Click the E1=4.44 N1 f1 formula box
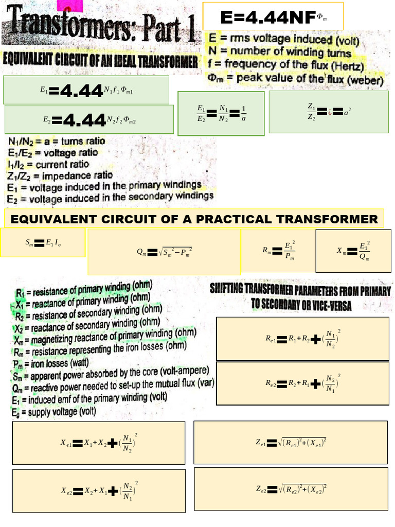(86, 90)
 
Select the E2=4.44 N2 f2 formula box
(87, 119)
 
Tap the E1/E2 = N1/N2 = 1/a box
(221, 113)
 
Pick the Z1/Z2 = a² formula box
(329, 111)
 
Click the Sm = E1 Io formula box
(43, 243)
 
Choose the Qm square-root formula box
(164, 252)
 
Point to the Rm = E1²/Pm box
(278, 250)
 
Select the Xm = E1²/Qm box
(353, 251)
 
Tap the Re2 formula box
(303, 382)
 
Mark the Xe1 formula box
(98, 442)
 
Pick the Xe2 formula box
(98, 490)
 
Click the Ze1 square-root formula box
(291, 442)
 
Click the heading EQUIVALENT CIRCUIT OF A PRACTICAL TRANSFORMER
(194, 219)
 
